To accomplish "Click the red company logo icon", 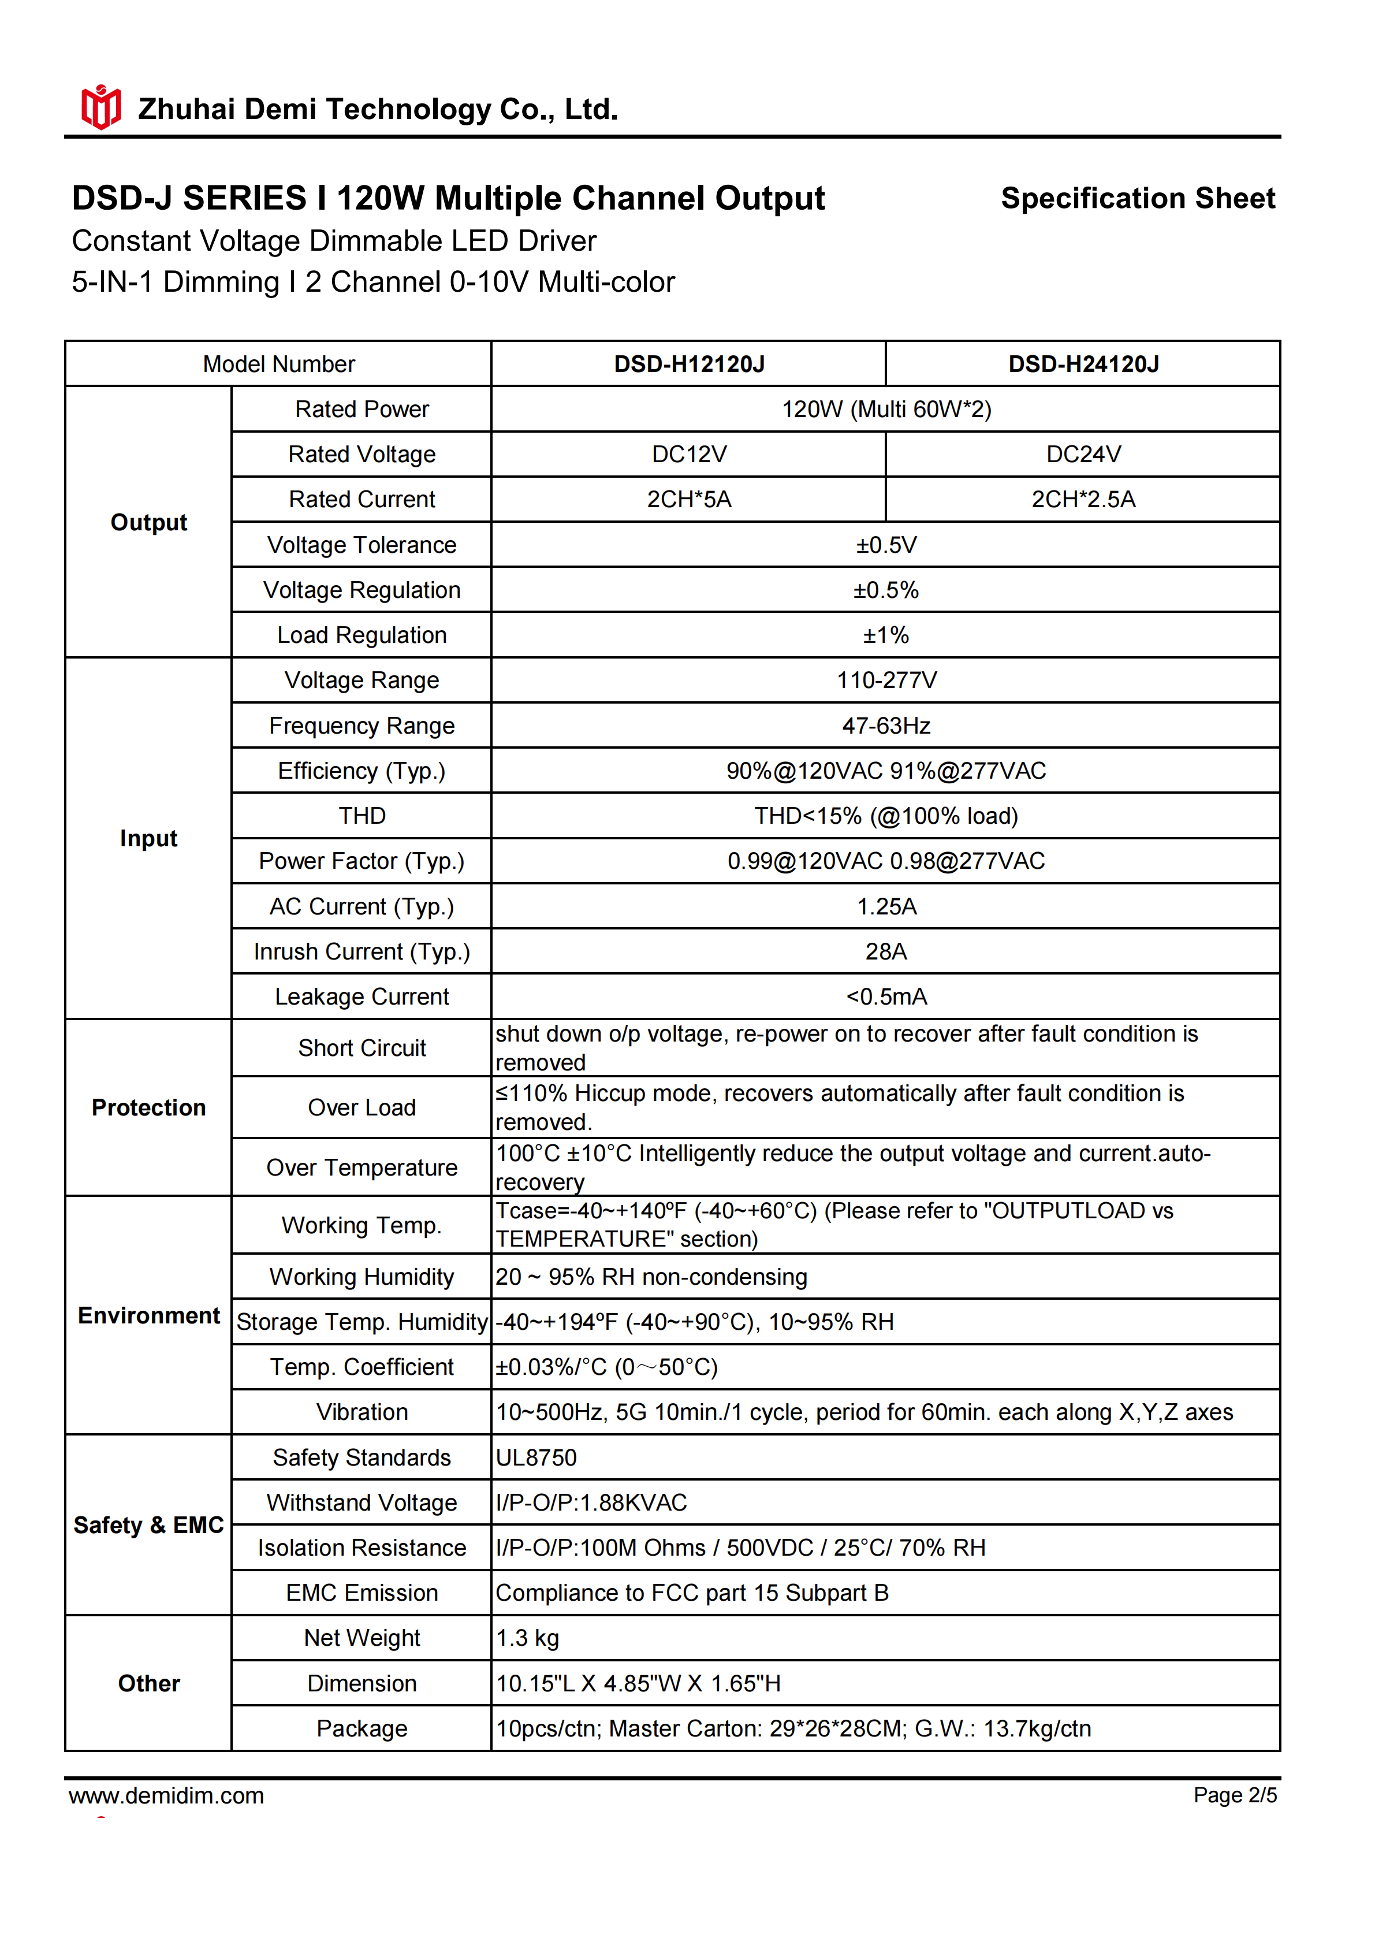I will click(x=100, y=107).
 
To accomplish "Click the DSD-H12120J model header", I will click(x=688, y=365).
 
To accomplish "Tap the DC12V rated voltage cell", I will click(x=688, y=455).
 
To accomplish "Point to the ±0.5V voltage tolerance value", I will click(x=886, y=545).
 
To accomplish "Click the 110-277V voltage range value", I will click(x=886, y=680).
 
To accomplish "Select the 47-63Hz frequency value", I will click(x=886, y=726).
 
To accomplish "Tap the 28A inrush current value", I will click(x=886, y=951).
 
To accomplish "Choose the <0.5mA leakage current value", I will click(x=886, y=997).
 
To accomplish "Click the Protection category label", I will click(x=148, y=1108).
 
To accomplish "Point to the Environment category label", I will click(x=148, y=1315).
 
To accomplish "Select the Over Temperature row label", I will click(x=362, y=1168).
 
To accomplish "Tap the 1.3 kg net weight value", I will click(x=527, y=1638).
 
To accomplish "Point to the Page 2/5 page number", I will click(x=1235, y=1795).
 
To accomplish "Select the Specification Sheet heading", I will click(x=1137, y=198).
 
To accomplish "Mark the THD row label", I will click(x=362, y=816).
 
